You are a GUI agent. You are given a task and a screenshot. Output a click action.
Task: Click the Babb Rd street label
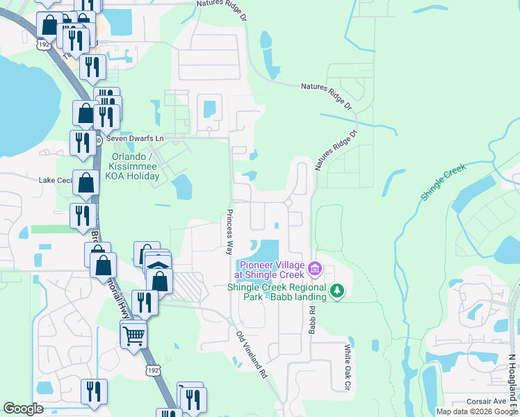[312, 320]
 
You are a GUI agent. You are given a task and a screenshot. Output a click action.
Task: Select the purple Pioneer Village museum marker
[314, 268]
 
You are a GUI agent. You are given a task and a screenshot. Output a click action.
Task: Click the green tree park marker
[337, 290]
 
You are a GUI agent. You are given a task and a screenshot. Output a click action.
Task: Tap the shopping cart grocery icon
[133, 336]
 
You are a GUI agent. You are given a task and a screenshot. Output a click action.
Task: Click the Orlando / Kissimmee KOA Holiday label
[136, 166]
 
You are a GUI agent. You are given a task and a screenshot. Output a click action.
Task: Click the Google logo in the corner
[23, 409]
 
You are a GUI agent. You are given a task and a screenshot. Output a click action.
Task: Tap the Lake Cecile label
[55, 181]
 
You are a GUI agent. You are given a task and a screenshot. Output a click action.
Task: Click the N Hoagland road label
[513, 379]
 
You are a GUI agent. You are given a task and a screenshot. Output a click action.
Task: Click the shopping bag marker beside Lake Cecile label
[86, 183]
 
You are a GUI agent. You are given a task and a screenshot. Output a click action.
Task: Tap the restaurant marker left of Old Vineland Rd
[145, 302]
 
